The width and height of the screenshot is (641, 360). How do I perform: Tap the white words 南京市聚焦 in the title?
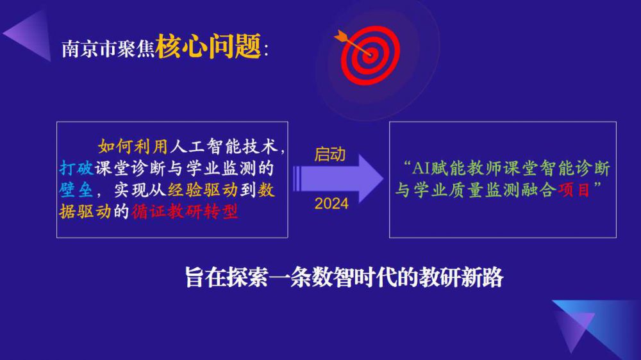(108, 49)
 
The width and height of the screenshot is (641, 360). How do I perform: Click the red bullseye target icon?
(370, 55)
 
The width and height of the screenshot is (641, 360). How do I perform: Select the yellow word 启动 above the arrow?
(330, 154)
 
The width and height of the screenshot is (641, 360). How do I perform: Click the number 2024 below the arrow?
(331, 204)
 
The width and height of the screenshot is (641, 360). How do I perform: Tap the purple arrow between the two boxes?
(338, 179)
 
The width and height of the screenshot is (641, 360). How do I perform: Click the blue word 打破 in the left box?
(76, 168)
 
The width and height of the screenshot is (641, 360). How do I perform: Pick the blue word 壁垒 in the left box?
(76, 190)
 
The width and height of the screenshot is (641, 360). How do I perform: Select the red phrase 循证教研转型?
(185, 211)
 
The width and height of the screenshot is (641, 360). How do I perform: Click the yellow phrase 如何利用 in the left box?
(133, 146)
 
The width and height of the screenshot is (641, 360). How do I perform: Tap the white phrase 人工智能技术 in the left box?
(224, 146)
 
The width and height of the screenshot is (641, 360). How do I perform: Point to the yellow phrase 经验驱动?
(203, 190)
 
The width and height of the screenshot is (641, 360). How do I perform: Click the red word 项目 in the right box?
(574, 190)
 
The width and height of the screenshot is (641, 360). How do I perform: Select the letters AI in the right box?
(420, 168)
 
